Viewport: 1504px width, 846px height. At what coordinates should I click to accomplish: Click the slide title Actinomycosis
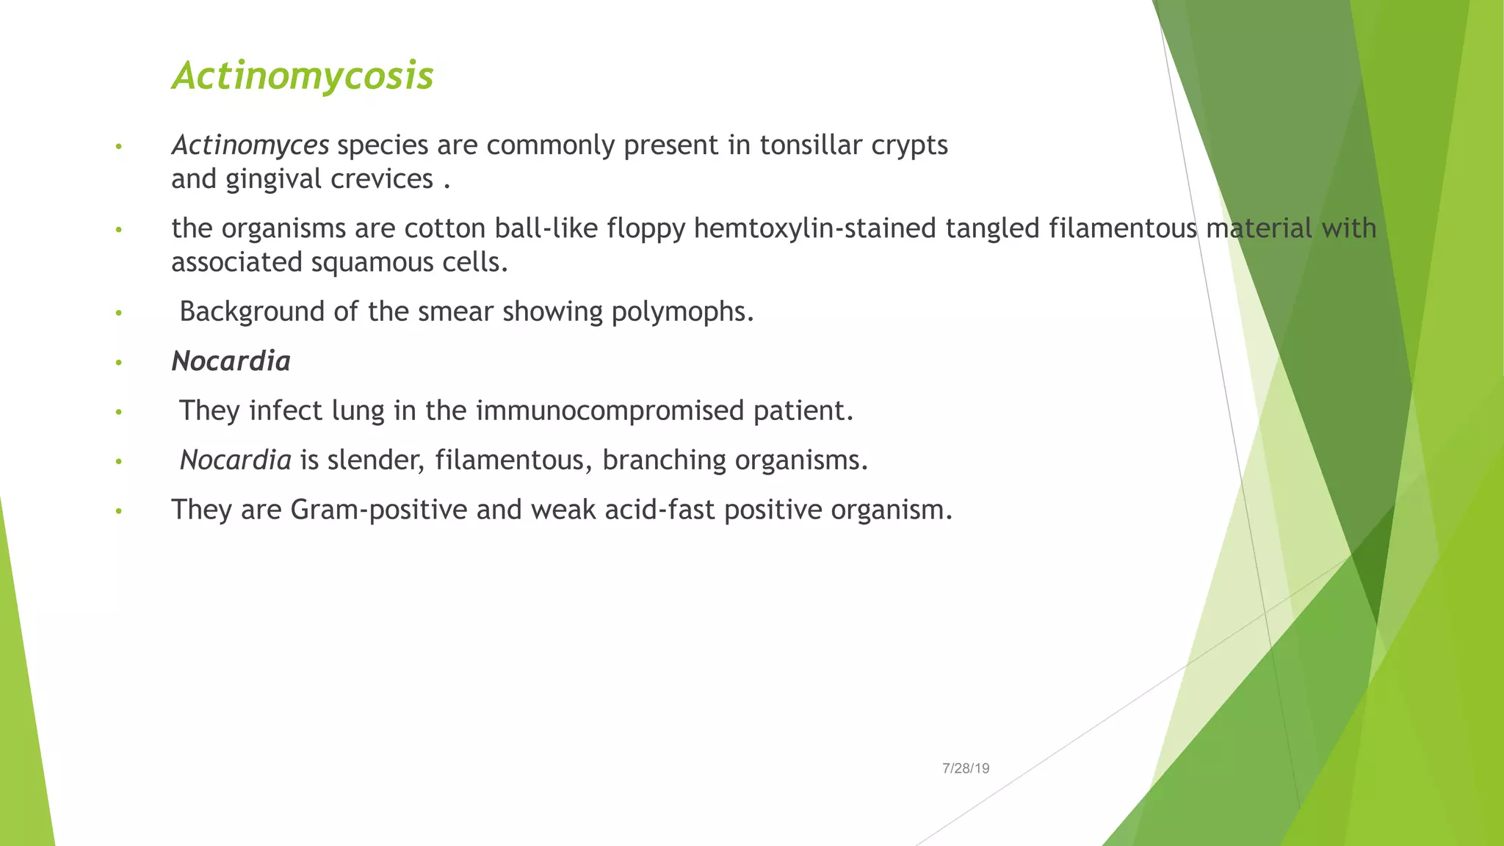[303, 76]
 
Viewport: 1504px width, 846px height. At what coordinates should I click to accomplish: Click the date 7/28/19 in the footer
[966, 768]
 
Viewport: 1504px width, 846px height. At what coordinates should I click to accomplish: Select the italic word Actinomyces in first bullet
[250, 145]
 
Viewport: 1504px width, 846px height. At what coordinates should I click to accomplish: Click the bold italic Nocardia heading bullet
[231, 361]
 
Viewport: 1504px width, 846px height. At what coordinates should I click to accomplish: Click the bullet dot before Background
[118, 314]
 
